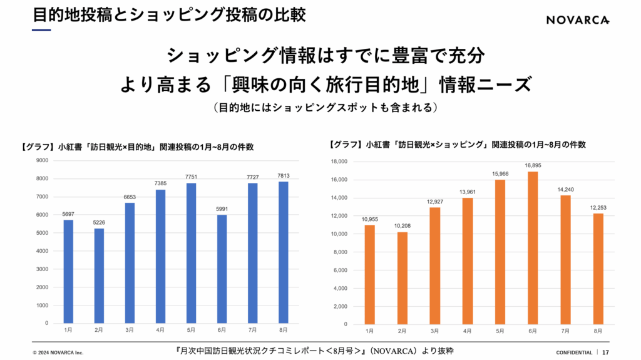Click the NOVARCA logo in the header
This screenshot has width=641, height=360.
pyautogui.click(x=578, y=20)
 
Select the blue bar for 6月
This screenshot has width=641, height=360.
pyautogui.click(x=222, y=269)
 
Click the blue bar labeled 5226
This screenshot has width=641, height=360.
pyautogui.click(x=99, y=276)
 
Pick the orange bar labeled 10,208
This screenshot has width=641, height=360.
pyautogui.click(x=403, y=278)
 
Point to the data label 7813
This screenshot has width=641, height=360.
pyautogui.click(x=283, y=175)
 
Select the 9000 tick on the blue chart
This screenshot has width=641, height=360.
pyautogui.click(x=42, y=160)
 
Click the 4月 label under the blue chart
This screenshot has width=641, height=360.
pyautogui.click(x=160, y=329)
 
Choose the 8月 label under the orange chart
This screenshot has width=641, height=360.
pyautogui.click(x=598, y=330)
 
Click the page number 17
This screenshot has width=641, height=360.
pyautogui.click(x=606, y=352)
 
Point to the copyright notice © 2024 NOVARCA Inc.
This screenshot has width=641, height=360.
pyautogui.click(x=58, y=352)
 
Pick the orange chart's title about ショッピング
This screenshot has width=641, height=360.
pyautogui.click(x=457, y=144)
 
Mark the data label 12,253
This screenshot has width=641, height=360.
pyautogui.click(x=598, y=208)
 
